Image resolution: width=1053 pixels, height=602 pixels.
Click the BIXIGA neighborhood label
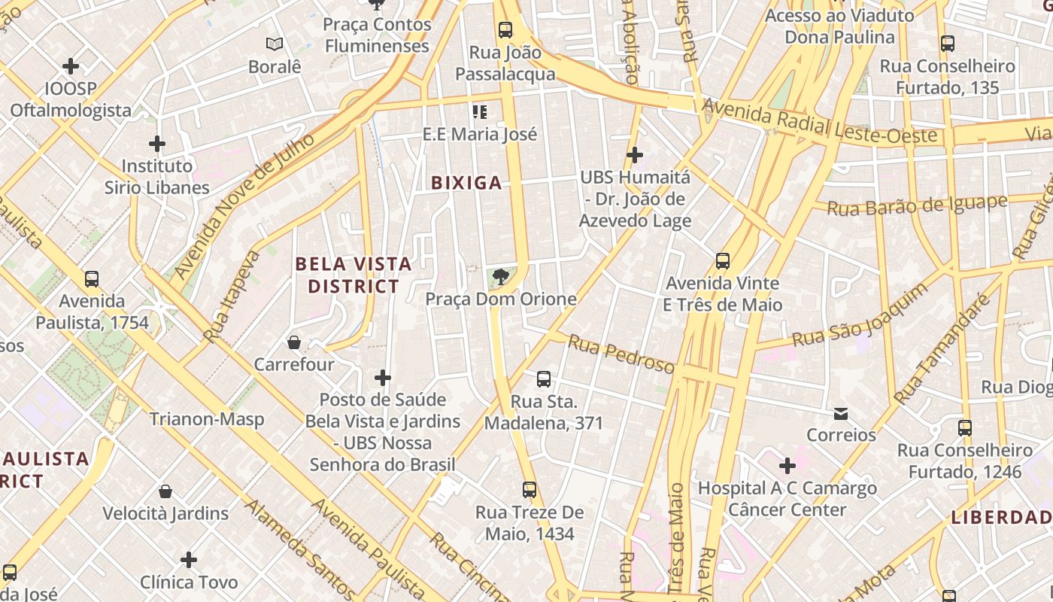point(466,183)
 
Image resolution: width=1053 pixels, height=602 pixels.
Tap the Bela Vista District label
point(354,275)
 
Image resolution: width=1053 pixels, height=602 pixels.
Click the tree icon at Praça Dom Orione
point(500,278)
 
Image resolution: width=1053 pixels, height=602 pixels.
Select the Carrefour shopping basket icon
point(294,342)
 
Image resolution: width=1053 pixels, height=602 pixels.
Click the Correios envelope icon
point(841,414)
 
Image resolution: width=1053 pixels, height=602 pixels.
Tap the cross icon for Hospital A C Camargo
point(787,466)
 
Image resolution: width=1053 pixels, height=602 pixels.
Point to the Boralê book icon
point(275,44)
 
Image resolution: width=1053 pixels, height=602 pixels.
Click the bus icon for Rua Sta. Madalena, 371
point(543,379)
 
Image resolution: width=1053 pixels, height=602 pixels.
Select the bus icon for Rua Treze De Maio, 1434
point(530,490)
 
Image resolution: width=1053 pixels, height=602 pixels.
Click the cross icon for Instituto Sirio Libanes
point(156,144)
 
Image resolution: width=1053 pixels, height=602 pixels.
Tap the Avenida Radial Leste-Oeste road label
point(820,124)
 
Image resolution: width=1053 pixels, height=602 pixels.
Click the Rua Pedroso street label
point(621,354)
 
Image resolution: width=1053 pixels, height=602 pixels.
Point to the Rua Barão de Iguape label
point(917,205)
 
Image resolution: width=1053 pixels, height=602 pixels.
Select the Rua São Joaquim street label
point(860,316)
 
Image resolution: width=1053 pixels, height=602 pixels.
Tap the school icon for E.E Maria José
point(480,112)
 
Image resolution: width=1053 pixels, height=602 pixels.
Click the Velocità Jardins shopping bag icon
point(165,492)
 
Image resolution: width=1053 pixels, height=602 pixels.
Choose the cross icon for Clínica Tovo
point(189,560)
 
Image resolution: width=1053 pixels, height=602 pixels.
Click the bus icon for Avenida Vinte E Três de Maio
point(723,261)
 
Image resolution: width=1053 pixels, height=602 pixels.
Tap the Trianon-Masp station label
point(207,419)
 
